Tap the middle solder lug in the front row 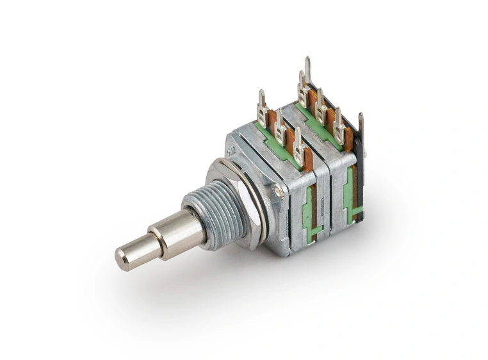(280, 125)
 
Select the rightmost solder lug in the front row (298, 142)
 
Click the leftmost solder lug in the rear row (302, 83)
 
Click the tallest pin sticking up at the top (308, 69)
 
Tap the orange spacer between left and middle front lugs (272, 119)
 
